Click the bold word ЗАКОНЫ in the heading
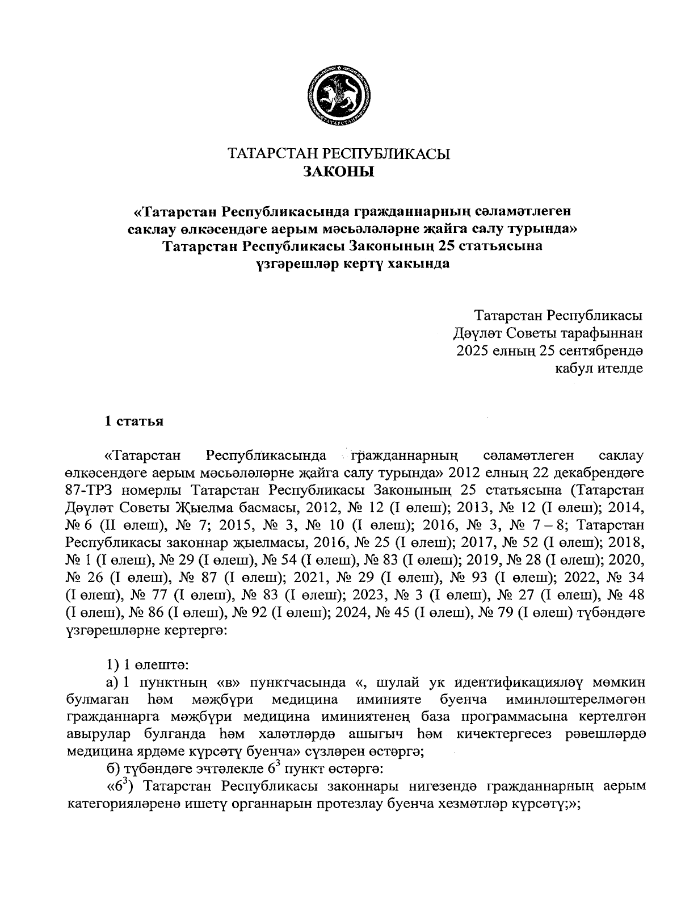coord(339,172)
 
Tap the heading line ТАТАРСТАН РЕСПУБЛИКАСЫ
coord(339,154)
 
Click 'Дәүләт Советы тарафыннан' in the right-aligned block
coord(548,333)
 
